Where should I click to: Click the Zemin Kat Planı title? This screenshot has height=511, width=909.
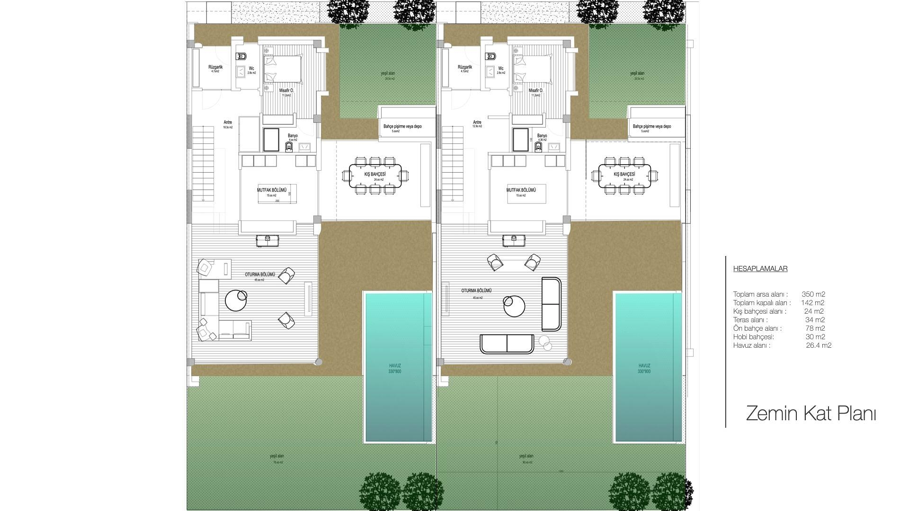point(811,414)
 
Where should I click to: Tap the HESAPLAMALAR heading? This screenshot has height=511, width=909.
point(760,269)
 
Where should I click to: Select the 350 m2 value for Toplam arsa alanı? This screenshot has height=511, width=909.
point(813,294)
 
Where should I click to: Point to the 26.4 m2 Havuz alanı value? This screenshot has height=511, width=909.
point(819,345)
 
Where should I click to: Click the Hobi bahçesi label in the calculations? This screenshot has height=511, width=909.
point(753,337)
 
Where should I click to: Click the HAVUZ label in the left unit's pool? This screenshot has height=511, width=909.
point(395,366)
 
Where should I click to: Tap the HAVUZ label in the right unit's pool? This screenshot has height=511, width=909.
point(644,366)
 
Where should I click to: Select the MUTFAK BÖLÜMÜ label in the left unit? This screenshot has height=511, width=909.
point(272,190)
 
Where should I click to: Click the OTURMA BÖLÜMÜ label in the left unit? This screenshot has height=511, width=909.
point(259,274)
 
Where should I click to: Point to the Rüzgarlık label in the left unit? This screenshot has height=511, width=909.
point(215,67)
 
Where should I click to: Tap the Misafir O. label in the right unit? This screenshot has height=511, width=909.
point(535,90)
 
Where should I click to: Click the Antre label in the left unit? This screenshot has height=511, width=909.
point(228,123)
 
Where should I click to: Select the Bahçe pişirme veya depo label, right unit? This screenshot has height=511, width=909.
point(651,126)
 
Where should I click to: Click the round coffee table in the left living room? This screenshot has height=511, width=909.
point(235,300)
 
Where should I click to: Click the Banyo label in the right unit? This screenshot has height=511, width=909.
point(542,136)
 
